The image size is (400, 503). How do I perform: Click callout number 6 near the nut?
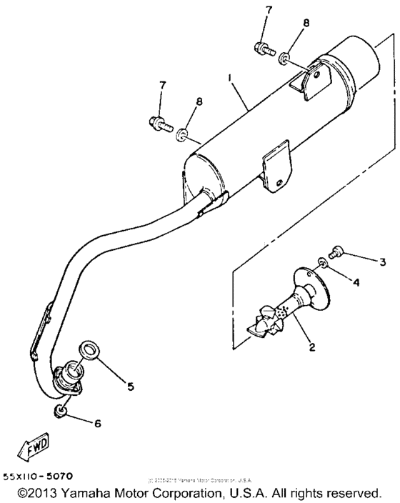click(x=98, y=423)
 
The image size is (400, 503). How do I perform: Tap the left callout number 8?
click(x=199, y=101)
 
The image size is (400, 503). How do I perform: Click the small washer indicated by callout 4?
click(x=324, y=264)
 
